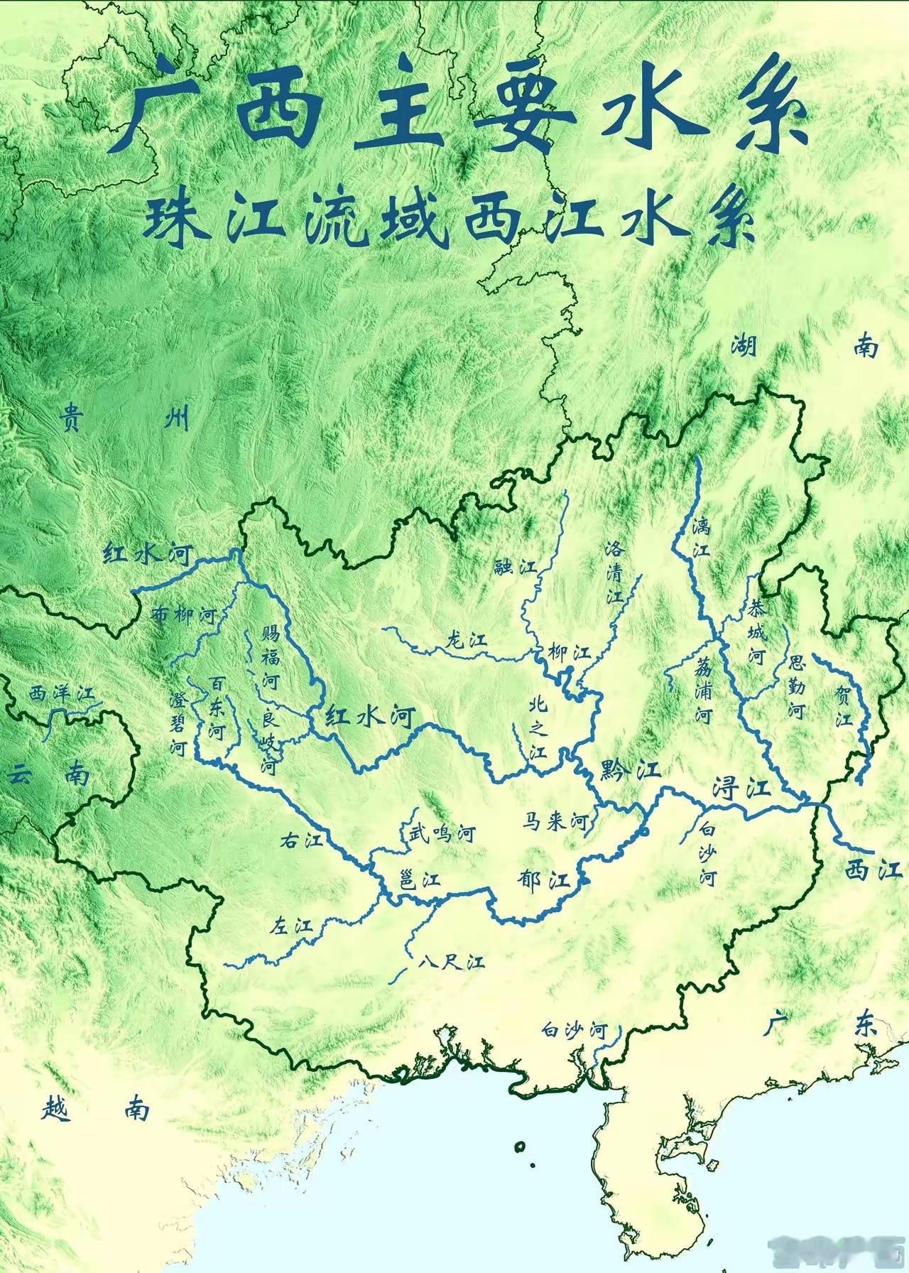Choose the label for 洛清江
(614, 572)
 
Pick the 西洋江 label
(62, 694)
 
